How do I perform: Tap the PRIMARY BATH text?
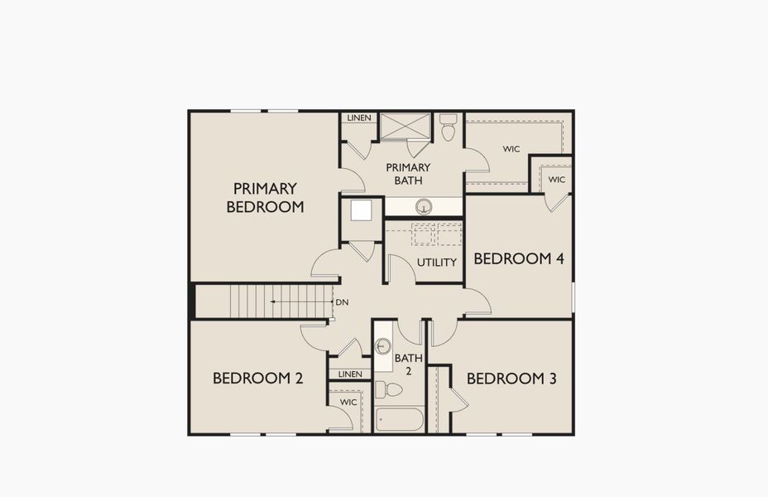tap(408, 173)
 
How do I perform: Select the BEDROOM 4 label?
tap(518, 258)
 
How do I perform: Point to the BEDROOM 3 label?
tap(511, 379)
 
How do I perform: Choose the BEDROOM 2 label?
tap(257, 378)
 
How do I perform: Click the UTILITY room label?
tap(436, 263)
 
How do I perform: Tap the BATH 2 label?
tap(408, 364)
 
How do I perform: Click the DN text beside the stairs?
tap(341, 302)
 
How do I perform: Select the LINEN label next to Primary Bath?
tap(358, 118)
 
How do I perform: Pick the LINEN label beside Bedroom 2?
tap(350, 374)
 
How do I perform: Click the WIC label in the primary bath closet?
tap(511, 150)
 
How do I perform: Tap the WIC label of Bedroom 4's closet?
tap(556, 179)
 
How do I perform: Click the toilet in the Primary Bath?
tap(448, 128)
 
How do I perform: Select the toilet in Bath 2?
tap(388, 389)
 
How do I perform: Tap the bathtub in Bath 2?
tap(399, 418)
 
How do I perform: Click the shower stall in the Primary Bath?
tap(405, 126)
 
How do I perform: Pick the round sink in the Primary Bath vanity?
tap(423, 206)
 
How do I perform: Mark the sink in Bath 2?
tap(384, 347)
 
